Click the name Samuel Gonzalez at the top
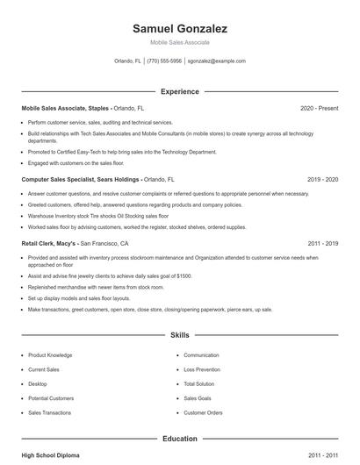pos(179,28)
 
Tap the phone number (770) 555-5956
pos(164,61)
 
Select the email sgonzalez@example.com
pos(217,61)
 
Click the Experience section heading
pos(179,91)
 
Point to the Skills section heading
pos(179,335)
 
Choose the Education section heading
pos(179,439)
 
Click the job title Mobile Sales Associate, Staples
pos(66,108)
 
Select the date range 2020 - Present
pos(319,108)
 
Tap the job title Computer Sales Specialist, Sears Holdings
pos(81,179)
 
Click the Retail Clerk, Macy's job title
pos(49,243)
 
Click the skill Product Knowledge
pos(50,355)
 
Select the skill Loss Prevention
pos(202,369)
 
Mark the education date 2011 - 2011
pos(322,456)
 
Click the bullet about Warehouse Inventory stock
pos(97,215)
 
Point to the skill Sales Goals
pos(198,397)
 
